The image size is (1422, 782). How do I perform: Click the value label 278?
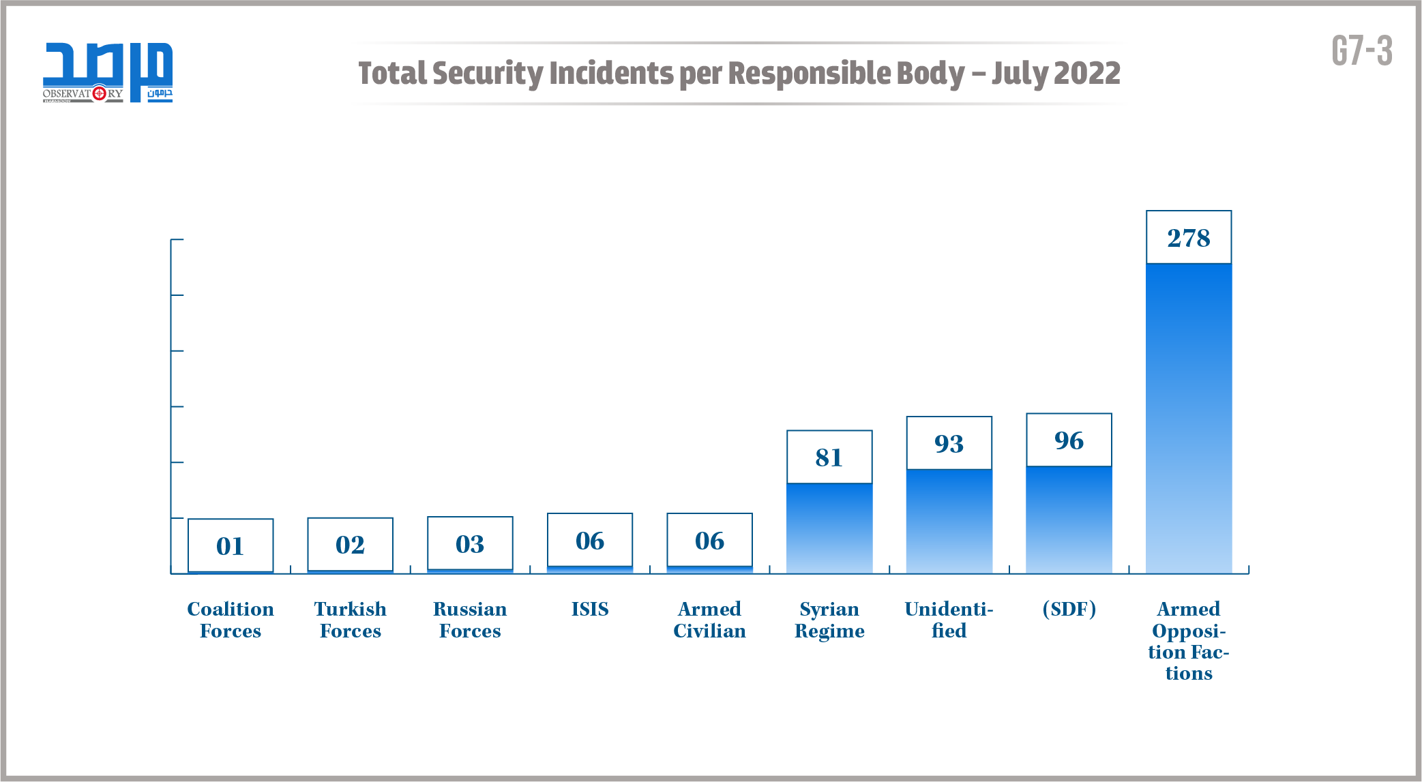1188,238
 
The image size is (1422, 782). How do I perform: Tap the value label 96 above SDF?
1069,440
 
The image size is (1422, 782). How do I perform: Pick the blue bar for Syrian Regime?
829,528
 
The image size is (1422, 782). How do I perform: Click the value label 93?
949,444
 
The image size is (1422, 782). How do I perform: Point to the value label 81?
829,457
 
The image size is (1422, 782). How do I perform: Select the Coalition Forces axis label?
231,620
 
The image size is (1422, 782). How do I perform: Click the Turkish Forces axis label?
351,620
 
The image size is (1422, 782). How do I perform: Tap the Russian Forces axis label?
470,620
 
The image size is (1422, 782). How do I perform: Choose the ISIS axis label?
590,609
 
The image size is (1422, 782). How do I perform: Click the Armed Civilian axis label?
709,620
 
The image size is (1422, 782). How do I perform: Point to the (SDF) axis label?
1069,609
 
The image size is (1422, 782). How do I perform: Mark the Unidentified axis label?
949,620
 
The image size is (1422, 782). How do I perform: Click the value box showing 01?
231,545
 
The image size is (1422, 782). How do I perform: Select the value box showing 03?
470,544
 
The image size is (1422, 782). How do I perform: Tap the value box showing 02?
351,545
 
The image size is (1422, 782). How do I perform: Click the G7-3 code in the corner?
1361,51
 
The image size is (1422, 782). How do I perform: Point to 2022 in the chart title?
1090,74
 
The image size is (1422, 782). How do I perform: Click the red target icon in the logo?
99,93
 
